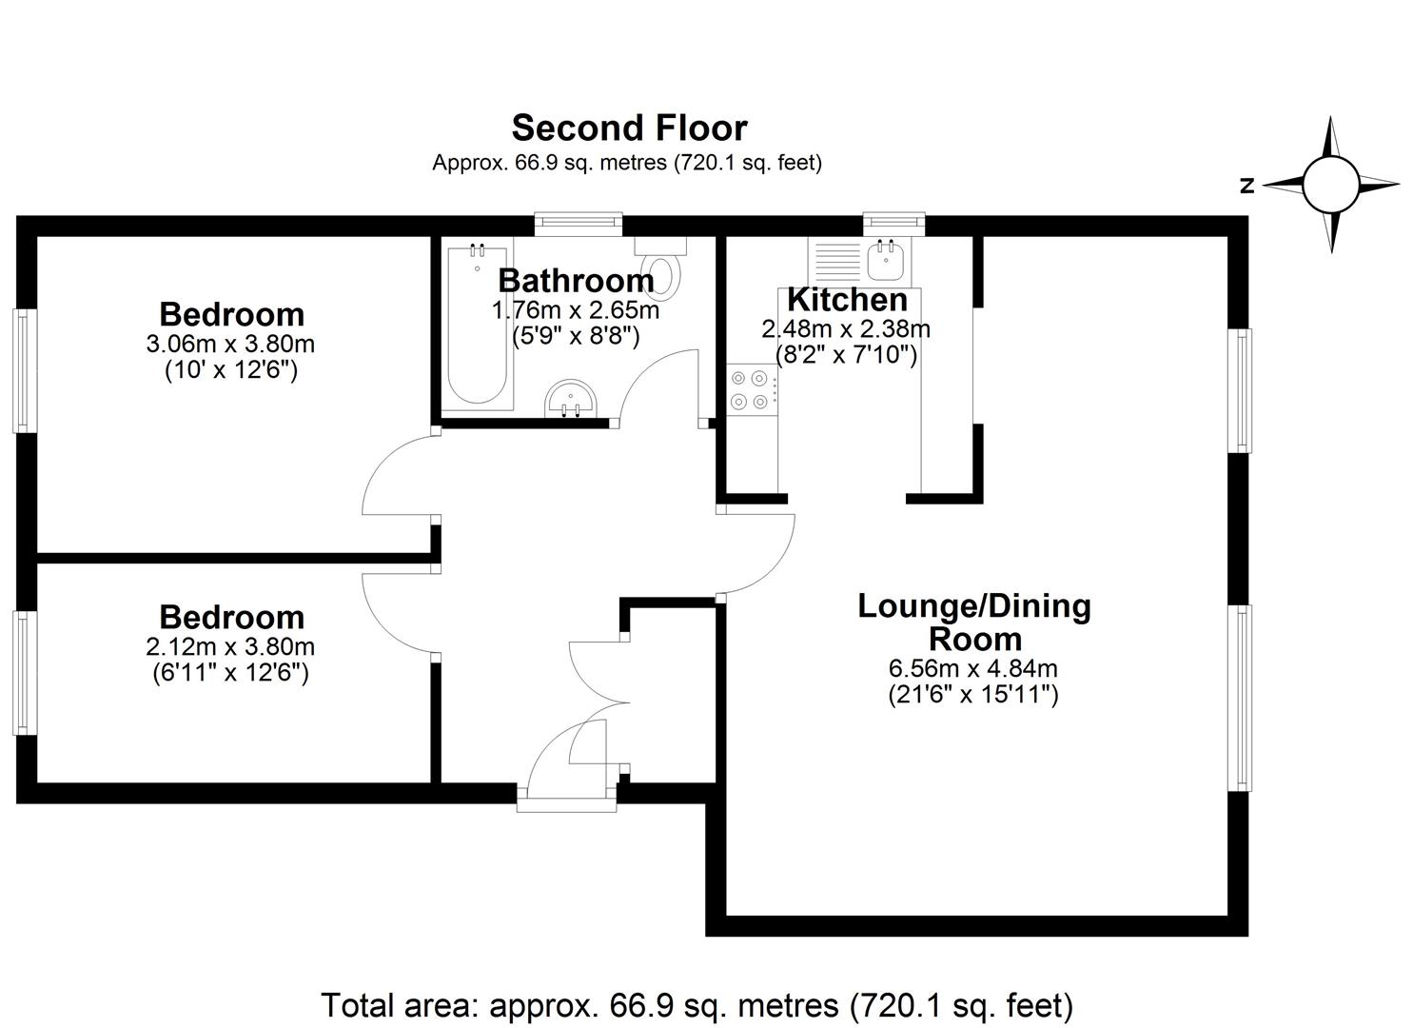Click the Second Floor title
click(x=629, y=128)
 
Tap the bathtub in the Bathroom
click(x=477, y=325)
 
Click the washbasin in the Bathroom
click(x=572, y=400)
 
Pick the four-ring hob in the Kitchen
click(x=751, y=390)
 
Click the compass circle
click(x=1330, y=185)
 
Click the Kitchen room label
click(x=847, y=300)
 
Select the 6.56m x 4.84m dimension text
click(x=972, y=667)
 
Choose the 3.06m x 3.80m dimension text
click(x=230, y=344)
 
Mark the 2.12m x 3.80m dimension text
click(x=230, y=647)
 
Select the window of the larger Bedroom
click(x=25, y=370)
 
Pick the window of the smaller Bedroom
click(x=25, y=673)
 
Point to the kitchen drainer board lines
click(x=837, y=261)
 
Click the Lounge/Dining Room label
click(x=974, y=623)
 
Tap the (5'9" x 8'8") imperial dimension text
click(x=576, y=335)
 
